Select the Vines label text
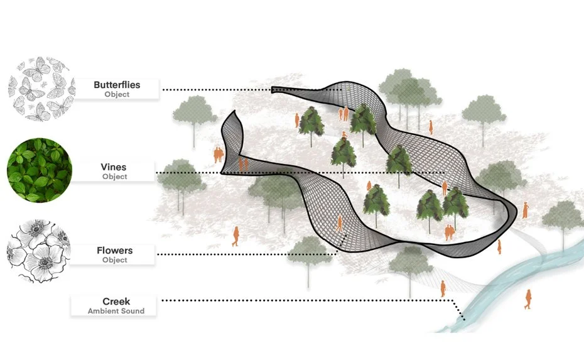[114, 167]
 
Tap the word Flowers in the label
[115, 251]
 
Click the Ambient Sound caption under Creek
[116, 311]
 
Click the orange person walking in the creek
[528, 299]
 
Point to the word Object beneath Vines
[114, 177]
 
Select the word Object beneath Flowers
[115, 260]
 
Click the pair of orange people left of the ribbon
[219, 155]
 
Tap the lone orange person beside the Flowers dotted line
[236, 236]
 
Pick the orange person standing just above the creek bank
[443, 288]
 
